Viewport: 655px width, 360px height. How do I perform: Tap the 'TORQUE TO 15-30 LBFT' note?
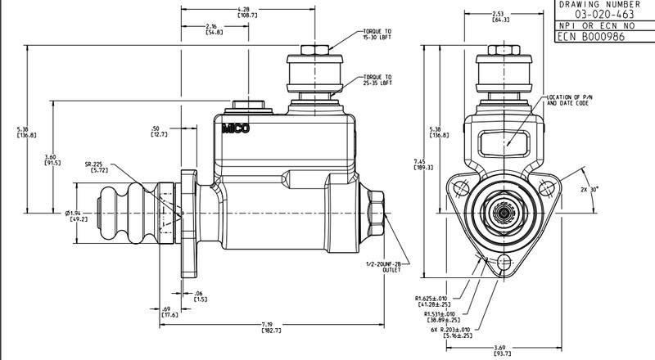(377, 35)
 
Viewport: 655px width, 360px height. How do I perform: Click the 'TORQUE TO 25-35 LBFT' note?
(377, 79)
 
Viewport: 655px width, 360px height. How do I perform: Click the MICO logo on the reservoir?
(234, 129)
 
